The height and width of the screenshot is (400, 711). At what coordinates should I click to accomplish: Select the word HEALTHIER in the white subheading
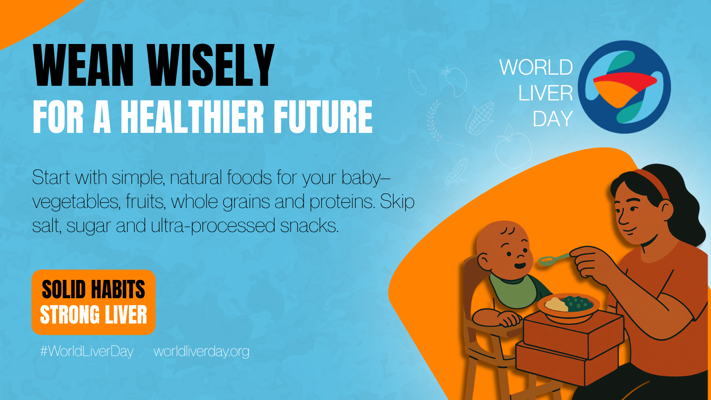(x=192, y=116)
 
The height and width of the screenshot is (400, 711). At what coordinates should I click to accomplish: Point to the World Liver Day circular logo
(x=624, y=87)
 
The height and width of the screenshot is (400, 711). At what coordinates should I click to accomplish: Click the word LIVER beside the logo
(x=545, y=93)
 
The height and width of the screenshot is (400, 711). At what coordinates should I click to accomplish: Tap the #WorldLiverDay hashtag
(x=87, y=352)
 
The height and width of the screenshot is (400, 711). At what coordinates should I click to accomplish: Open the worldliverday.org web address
(x=201, y=352)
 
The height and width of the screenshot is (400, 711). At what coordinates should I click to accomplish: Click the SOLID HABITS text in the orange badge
(x=93, y=289)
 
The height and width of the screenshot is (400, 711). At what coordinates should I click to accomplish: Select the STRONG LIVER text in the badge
(x=93, y=315)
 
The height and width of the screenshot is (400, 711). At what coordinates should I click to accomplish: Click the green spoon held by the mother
(x=554, y=259)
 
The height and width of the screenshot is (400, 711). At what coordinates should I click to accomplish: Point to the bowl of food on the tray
(x=568, y=306)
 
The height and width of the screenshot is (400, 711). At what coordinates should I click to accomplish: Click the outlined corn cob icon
(x=480, y=118)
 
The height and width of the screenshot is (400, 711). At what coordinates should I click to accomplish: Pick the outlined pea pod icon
(x=456, y=172)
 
